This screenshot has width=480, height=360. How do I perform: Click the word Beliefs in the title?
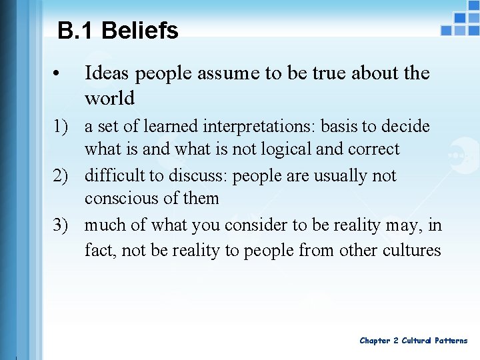[x=140, y=31]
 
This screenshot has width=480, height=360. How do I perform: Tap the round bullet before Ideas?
[x=60, y=74]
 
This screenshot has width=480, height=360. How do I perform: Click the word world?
[x=109, y=99]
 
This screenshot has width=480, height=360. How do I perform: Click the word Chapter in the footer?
[x=375, y=341]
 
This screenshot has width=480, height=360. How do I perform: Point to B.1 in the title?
[x=75, y=31]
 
